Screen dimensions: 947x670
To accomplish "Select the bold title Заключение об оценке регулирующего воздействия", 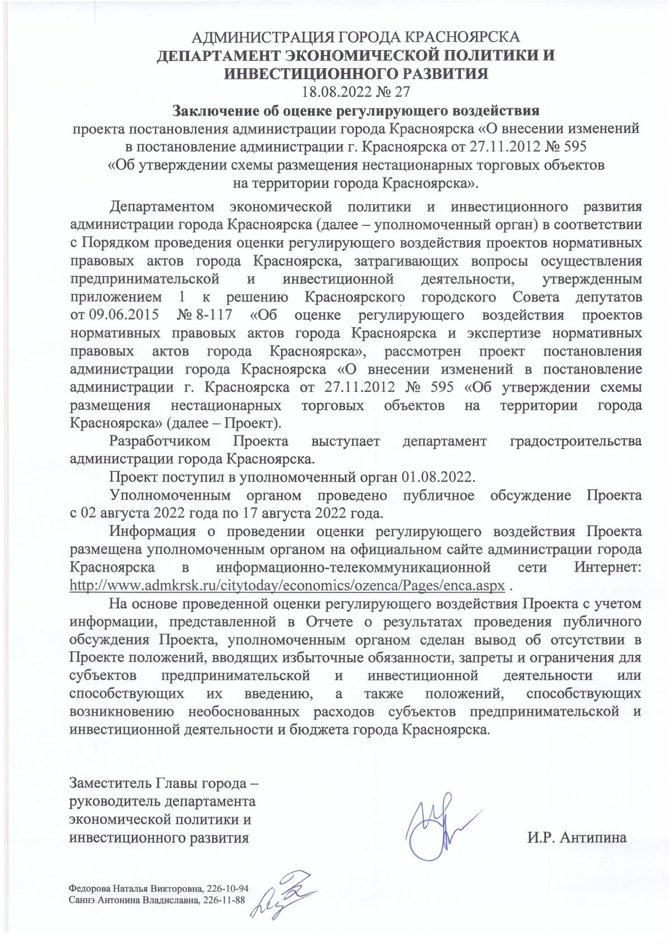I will coord(356,111).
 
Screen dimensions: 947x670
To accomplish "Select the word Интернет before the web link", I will coord(608,567).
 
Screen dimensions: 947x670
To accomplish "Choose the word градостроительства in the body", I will coord(576,441).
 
